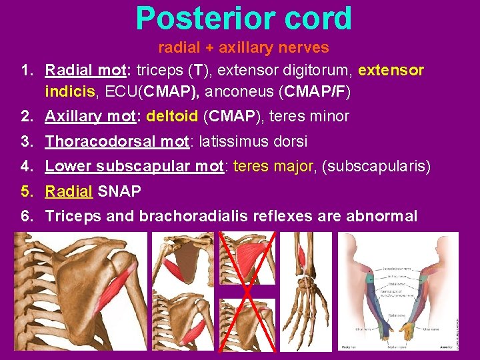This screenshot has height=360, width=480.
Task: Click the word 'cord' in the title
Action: (316, 19)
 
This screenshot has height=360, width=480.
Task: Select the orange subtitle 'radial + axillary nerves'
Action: (243, 47)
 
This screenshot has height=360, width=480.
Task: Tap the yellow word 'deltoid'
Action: (172, 117)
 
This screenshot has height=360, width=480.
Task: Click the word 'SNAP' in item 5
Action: (119, 192)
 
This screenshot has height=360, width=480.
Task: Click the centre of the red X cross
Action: (247, 291)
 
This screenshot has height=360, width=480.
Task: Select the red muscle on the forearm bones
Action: (302, 257)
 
